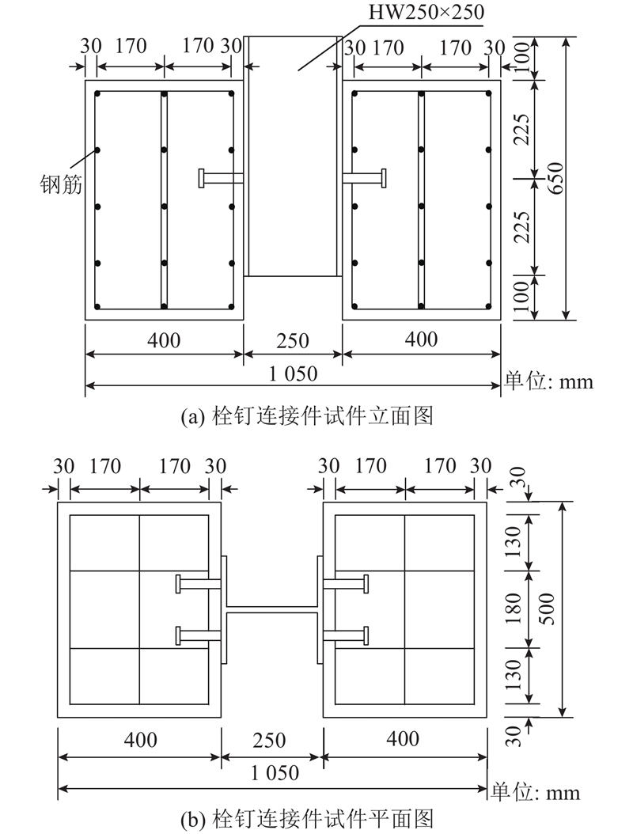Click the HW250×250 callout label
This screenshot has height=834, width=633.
(426, 12)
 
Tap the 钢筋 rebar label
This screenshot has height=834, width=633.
(61, 184)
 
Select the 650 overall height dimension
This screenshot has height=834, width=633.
(555, 178)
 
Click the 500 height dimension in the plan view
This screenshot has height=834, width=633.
(546, 609)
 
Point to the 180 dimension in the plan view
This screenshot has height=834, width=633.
(514, 609)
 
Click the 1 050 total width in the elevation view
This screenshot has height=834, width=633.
(293, 374)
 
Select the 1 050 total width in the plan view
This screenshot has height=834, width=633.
(275, 773)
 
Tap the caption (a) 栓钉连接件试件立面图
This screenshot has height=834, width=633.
(307, 416)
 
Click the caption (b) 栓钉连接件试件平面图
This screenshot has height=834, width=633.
(307, 819)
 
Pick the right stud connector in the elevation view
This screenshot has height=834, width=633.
(365, 178)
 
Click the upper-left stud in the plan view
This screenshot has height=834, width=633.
(199, 583)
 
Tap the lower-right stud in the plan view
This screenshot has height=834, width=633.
(346, 635)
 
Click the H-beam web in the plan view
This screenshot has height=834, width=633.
(272, 609)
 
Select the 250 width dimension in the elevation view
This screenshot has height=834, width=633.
(293, 341)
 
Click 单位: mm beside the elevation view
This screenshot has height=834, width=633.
(548, 381)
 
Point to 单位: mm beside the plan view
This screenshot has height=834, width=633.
(535, 793)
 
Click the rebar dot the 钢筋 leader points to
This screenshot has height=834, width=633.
(97, 150)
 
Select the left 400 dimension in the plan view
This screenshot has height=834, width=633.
(140, 740)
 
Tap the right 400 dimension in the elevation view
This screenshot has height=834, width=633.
(421, 339)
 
